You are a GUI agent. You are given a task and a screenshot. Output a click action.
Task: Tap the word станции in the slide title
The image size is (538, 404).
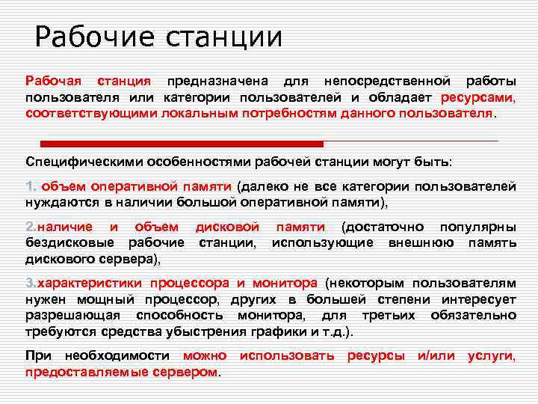coord(217,37)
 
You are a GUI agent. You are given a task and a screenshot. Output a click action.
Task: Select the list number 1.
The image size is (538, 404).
coord(31,186)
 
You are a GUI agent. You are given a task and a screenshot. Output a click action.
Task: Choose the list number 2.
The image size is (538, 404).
coord(31,227)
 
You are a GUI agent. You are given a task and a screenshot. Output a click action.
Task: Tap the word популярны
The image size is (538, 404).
coord(478,227)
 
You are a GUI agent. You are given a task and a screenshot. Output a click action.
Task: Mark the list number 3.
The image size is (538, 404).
coord(31,284)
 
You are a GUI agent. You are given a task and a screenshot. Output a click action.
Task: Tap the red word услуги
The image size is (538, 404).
coord(491,356)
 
